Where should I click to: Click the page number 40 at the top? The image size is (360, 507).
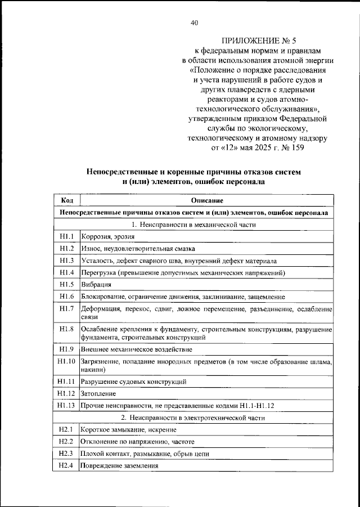(194, 23)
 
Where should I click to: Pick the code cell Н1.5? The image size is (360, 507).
(66, 285)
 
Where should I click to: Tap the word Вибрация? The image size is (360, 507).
(97, 285)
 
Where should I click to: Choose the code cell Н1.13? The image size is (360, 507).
(66, 405)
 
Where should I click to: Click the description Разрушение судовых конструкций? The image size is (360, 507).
(134, 382)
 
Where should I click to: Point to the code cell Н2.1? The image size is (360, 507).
(66, 429)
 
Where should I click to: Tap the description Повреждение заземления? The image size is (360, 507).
(119, 465)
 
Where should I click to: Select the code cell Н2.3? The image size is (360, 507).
(66, 453)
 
